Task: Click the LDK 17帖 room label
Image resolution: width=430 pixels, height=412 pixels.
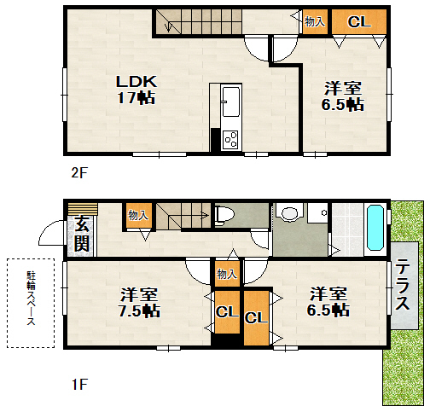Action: [137, 90]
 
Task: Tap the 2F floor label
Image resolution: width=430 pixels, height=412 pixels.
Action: [79, 172]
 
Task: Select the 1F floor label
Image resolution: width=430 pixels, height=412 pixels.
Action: [79, 385]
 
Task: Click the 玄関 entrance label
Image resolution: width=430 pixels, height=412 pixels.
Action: [82, 234]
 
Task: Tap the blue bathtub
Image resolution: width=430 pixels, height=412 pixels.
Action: [375, 228]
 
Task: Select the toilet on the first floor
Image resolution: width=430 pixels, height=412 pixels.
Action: [224, 214]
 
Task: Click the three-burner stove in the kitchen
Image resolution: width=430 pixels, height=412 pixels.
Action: [230, 140]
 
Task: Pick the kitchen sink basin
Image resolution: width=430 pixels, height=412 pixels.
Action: [231, 102]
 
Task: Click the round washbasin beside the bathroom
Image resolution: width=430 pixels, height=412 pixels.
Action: [290, 213]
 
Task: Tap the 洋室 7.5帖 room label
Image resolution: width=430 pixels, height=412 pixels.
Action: [139, 302]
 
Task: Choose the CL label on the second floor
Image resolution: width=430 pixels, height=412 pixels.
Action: [359, 21]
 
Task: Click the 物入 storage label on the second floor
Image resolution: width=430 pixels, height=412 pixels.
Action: [315, 21]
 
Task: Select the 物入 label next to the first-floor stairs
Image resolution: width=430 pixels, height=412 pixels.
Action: [138, 215]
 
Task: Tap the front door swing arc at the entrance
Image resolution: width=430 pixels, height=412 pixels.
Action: [50, 233]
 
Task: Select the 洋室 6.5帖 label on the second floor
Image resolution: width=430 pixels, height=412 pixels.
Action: [343, 96]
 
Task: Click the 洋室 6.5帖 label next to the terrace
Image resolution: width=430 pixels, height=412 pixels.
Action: [328, 302]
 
